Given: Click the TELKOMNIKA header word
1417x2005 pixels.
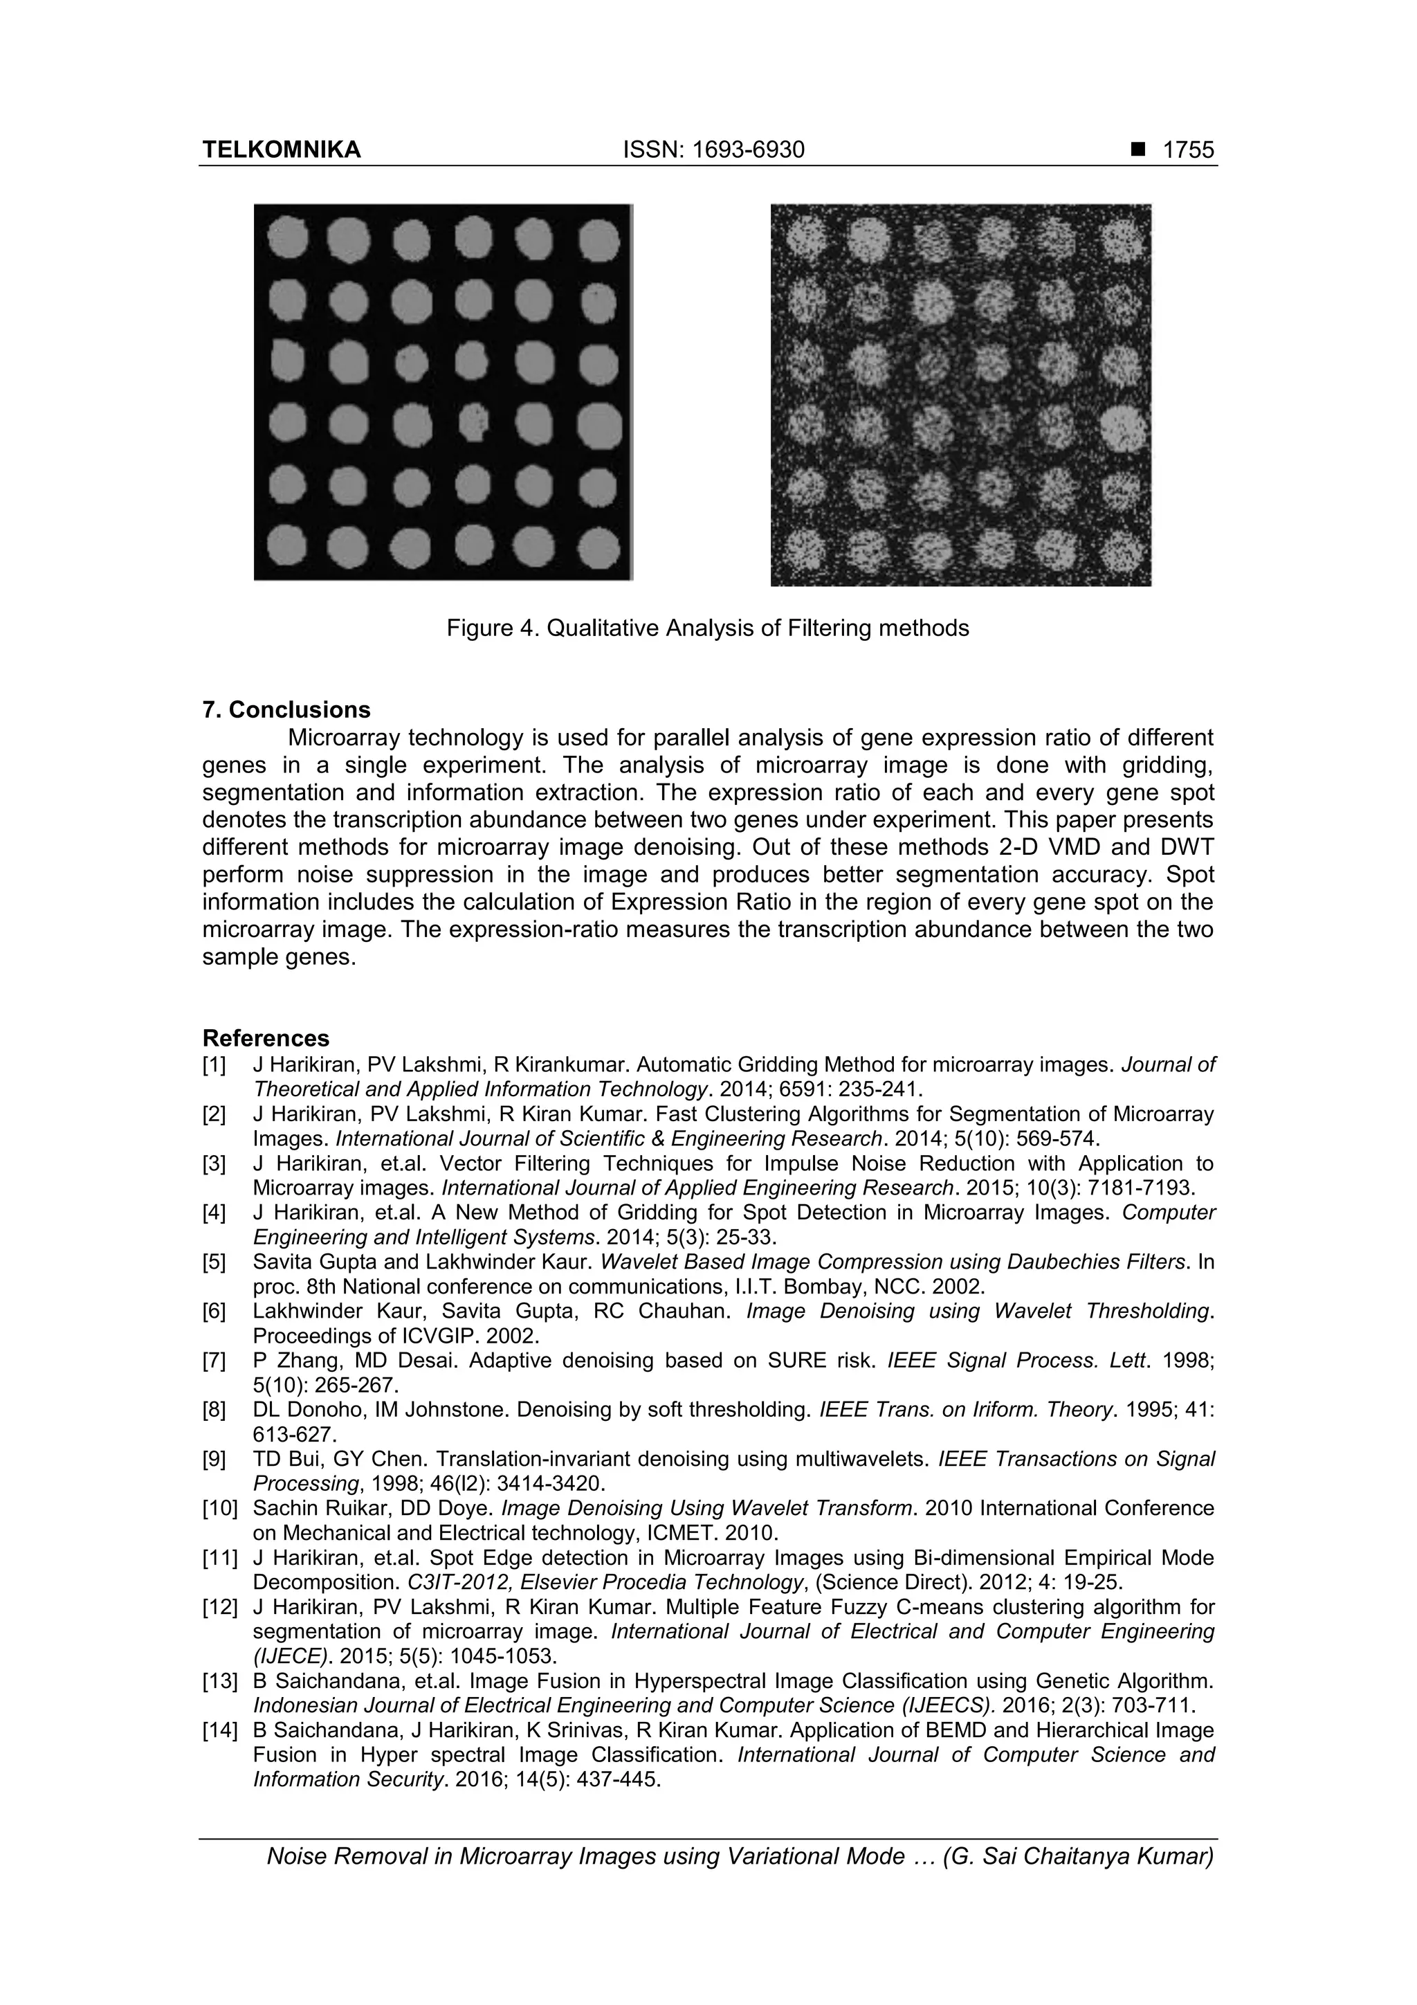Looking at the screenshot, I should (x=281, y=150).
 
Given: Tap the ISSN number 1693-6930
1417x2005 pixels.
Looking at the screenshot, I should (x=713, y=150).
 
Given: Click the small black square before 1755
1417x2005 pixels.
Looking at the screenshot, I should (x=1137, y=150).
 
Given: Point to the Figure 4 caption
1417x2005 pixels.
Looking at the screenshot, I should (x=707, y=628).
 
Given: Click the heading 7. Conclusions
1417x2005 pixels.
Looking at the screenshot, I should (x=286, y=709).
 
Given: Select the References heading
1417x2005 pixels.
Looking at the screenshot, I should (x=266, y=1038).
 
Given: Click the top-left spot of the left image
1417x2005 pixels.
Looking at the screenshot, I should (x=288, y=237).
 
